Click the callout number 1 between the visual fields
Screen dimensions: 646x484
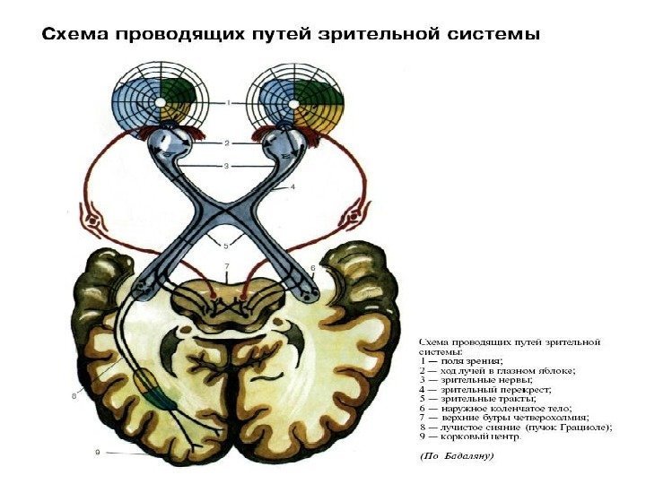pyautogui.click(x=228, y=104)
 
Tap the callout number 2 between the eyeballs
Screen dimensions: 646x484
pyautogui.click(x=228, y=143)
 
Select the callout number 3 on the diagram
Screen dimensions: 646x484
pyautogui.click(x=228, y=165)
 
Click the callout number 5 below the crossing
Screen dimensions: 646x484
pyautogui.click(x=227, y=245)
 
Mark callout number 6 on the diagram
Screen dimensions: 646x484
pyautogui.click(x=313, y=267)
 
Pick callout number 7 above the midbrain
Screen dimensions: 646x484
pyautogui.click(x=227, y=266)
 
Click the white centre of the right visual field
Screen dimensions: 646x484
pyautogui.click(x=295, y=101)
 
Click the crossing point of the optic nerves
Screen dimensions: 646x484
pyautogui.click(x=227, y=213)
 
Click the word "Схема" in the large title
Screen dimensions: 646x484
pyautogui.click(x=74, y=36)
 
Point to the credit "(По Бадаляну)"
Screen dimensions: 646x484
pyautogui.click(x=457, y=456)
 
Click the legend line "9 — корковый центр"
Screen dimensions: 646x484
pyautogui.click(x=470, y=437)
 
